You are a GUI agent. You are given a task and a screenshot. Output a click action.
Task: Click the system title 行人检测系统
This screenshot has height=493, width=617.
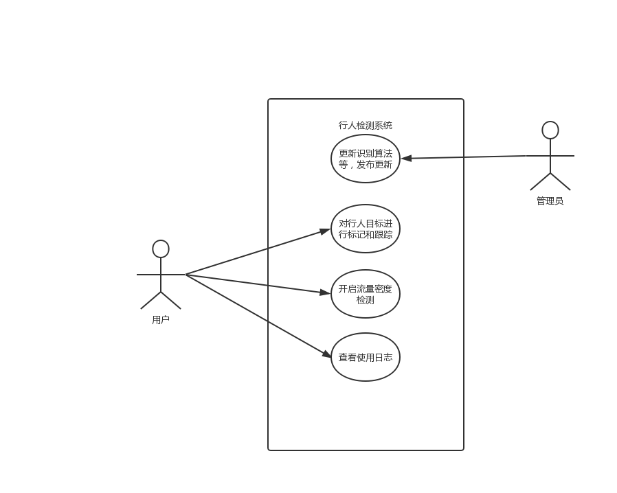point(365,126)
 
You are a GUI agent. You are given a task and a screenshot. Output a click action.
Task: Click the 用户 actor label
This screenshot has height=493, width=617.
point(161,320)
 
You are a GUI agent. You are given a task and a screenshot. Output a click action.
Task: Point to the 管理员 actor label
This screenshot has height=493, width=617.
point(550,201)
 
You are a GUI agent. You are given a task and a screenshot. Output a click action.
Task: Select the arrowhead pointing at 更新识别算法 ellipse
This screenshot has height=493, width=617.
point(406,159)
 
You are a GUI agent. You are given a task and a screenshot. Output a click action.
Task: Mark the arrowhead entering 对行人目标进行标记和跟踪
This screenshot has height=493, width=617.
point(325,231)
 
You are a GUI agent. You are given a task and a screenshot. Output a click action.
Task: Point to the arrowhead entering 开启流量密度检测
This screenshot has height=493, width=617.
point(325,293)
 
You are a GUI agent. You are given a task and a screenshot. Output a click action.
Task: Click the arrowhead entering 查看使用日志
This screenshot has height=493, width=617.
point(326,354)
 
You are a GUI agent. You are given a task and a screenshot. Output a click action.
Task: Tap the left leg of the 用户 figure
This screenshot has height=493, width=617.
point(150,301)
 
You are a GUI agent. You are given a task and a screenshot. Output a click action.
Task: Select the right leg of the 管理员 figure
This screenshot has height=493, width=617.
point(561,182)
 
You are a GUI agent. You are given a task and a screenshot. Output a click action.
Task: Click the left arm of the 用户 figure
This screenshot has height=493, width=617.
point(148,275)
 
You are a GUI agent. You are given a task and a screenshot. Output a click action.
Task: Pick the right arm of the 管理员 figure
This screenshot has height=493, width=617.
point(562,156)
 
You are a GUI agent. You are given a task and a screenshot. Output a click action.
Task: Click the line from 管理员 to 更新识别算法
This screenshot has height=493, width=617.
point(463,157)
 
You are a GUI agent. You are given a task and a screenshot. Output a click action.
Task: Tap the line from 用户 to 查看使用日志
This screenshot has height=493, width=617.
point(258,316)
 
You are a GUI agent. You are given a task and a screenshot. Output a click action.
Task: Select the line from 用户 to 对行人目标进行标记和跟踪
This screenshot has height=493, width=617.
point(258,252)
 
